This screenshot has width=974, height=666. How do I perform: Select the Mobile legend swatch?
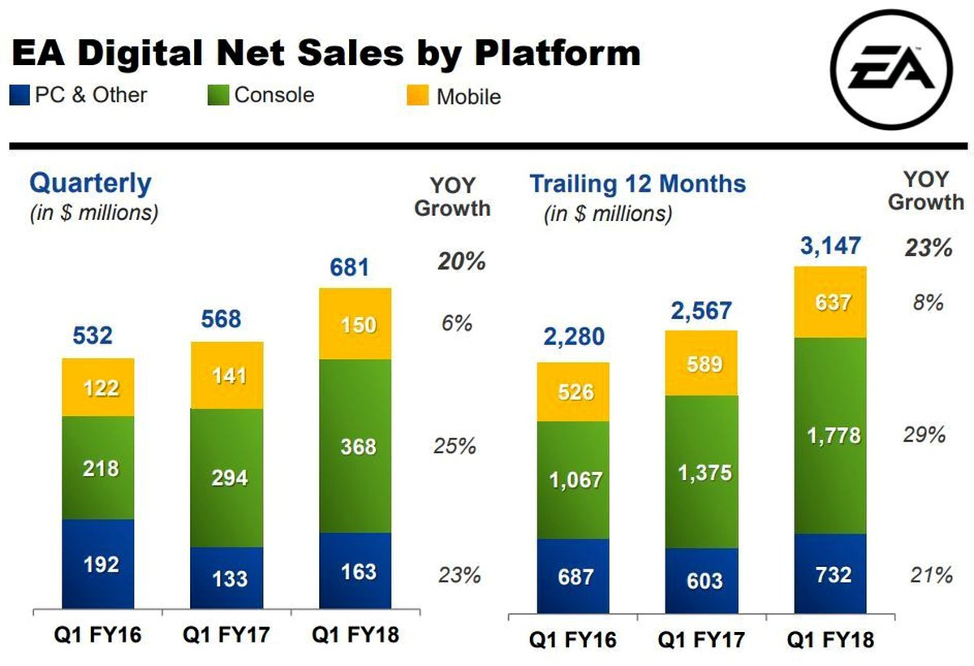point(415,96)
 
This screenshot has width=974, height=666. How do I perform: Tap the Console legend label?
point(274,95)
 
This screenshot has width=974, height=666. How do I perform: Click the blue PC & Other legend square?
point(19,95)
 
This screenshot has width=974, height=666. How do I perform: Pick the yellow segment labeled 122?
point(98,387)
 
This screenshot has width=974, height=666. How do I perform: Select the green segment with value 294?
point(226,478)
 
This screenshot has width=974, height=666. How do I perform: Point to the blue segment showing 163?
point(355,571)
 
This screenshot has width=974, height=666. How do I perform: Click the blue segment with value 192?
point(98,564)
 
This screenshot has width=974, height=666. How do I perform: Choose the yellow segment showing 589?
point(702,363)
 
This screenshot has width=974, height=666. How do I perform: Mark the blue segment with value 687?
point(572,576)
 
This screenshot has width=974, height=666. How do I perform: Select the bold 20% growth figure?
point(461,262)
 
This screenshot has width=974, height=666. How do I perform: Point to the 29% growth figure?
point(924,435)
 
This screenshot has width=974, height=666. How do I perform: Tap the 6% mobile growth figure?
point(457,322)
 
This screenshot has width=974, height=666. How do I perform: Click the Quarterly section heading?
point(90,183)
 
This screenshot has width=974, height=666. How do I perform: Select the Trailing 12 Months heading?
point(637,183)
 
